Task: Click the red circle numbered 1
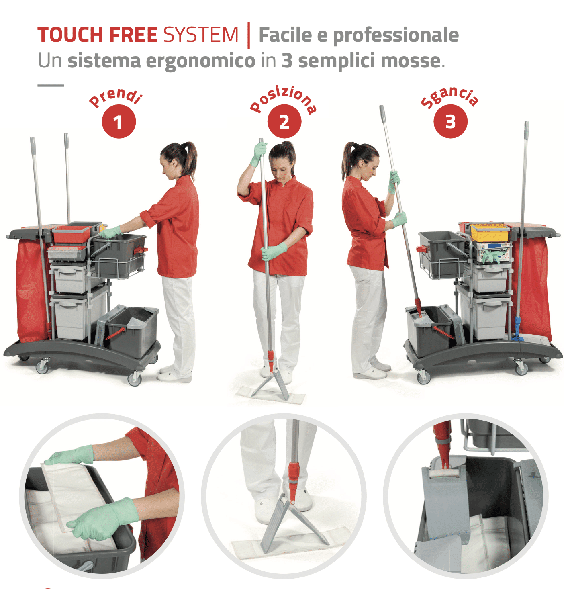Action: pyautogui.click(x=119, y=121)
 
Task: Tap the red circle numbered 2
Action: pyautogui.click(x=284, y=121)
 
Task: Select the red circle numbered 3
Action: pyautogui.click(x=450, y=121)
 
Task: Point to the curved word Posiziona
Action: pyautogui.click(x=284, y=99)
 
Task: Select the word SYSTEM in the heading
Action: pyautogui.click(x=201, y=35)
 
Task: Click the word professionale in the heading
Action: pyautogui.click(x=396, y=35)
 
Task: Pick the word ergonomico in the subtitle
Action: pyautogui.click(x=200, y=61)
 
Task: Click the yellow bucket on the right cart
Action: pyautogui.click(x=489, y=232)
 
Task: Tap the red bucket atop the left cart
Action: pyautogui.click(x=72, y=234)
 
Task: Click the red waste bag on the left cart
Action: pyautogui.click(x=30, y=289)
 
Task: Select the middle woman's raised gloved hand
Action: pyautogui.click(x=259, y=153)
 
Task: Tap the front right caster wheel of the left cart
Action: pyautogui.click(x=135, y=378)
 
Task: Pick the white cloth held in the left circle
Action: pyautogui.click(x=72, y=494)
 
